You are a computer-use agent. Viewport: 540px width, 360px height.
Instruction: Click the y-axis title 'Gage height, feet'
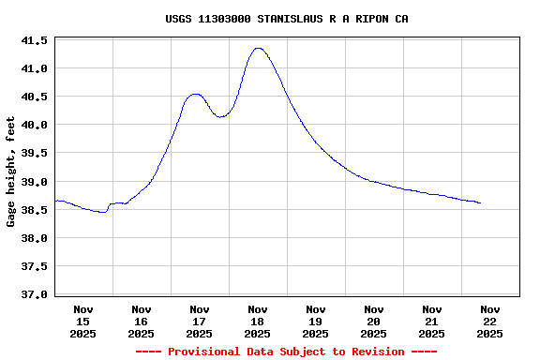pyautogui.click(x=11, y=172)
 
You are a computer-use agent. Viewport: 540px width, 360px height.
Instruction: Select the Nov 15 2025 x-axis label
pyautogui.click(x=83, y=321)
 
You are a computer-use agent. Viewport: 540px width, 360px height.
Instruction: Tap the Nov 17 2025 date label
pyautogui.click(x=200, y=321)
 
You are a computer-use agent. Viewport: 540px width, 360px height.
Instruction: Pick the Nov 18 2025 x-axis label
pyautogui.click(x=258, y=321)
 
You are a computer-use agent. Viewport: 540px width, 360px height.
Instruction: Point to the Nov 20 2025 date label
pyautogui.click(x=374, y=321)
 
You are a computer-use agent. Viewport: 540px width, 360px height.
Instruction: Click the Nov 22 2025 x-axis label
pyautogui.click(x=489, y=321)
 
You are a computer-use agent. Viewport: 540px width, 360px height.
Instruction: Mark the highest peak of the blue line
pyautogui.click(x=258, y=48)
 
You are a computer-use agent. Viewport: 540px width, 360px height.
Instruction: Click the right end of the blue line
pyautogui.click(x=481, y=202)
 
